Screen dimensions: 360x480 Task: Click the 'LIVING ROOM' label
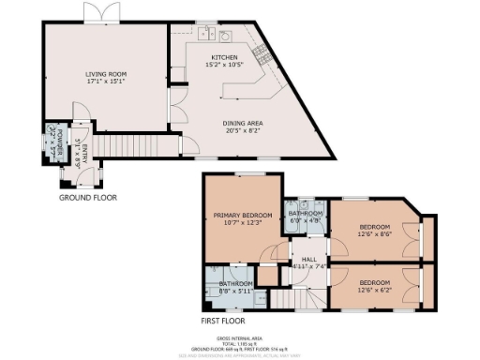pyautogui.click(x=106, y=73)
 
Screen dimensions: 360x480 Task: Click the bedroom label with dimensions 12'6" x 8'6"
pyautogui.click(x=375, y=230)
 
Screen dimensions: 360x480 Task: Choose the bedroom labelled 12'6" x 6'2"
pyautogui.click(x=375, y=282)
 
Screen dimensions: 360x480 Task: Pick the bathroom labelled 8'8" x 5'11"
pyautogui.click(x=235, y=283)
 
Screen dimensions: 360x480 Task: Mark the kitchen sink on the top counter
pyautogui.click(x=226, y=37)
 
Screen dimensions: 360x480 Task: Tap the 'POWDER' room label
pyautogui.click(x=52, y=141)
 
